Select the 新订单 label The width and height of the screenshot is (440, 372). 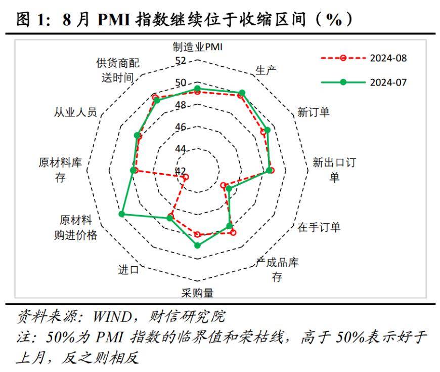[x=313, y=112]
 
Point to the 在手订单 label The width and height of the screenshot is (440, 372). [x=319, y=227]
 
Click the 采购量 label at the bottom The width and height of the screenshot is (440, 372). [x=197, y=293]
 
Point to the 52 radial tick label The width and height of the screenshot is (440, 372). [x=180, y=61]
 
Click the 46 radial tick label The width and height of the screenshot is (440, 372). [x=180, y=127]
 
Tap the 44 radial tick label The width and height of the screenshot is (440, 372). [x=180, y=149]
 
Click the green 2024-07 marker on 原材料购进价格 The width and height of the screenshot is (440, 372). [x=121, y=215]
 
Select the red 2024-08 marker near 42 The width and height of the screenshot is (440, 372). [x=186, y=177]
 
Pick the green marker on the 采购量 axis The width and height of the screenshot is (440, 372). [x=197, y=245]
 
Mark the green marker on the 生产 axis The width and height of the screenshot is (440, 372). [x=242, y=93]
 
